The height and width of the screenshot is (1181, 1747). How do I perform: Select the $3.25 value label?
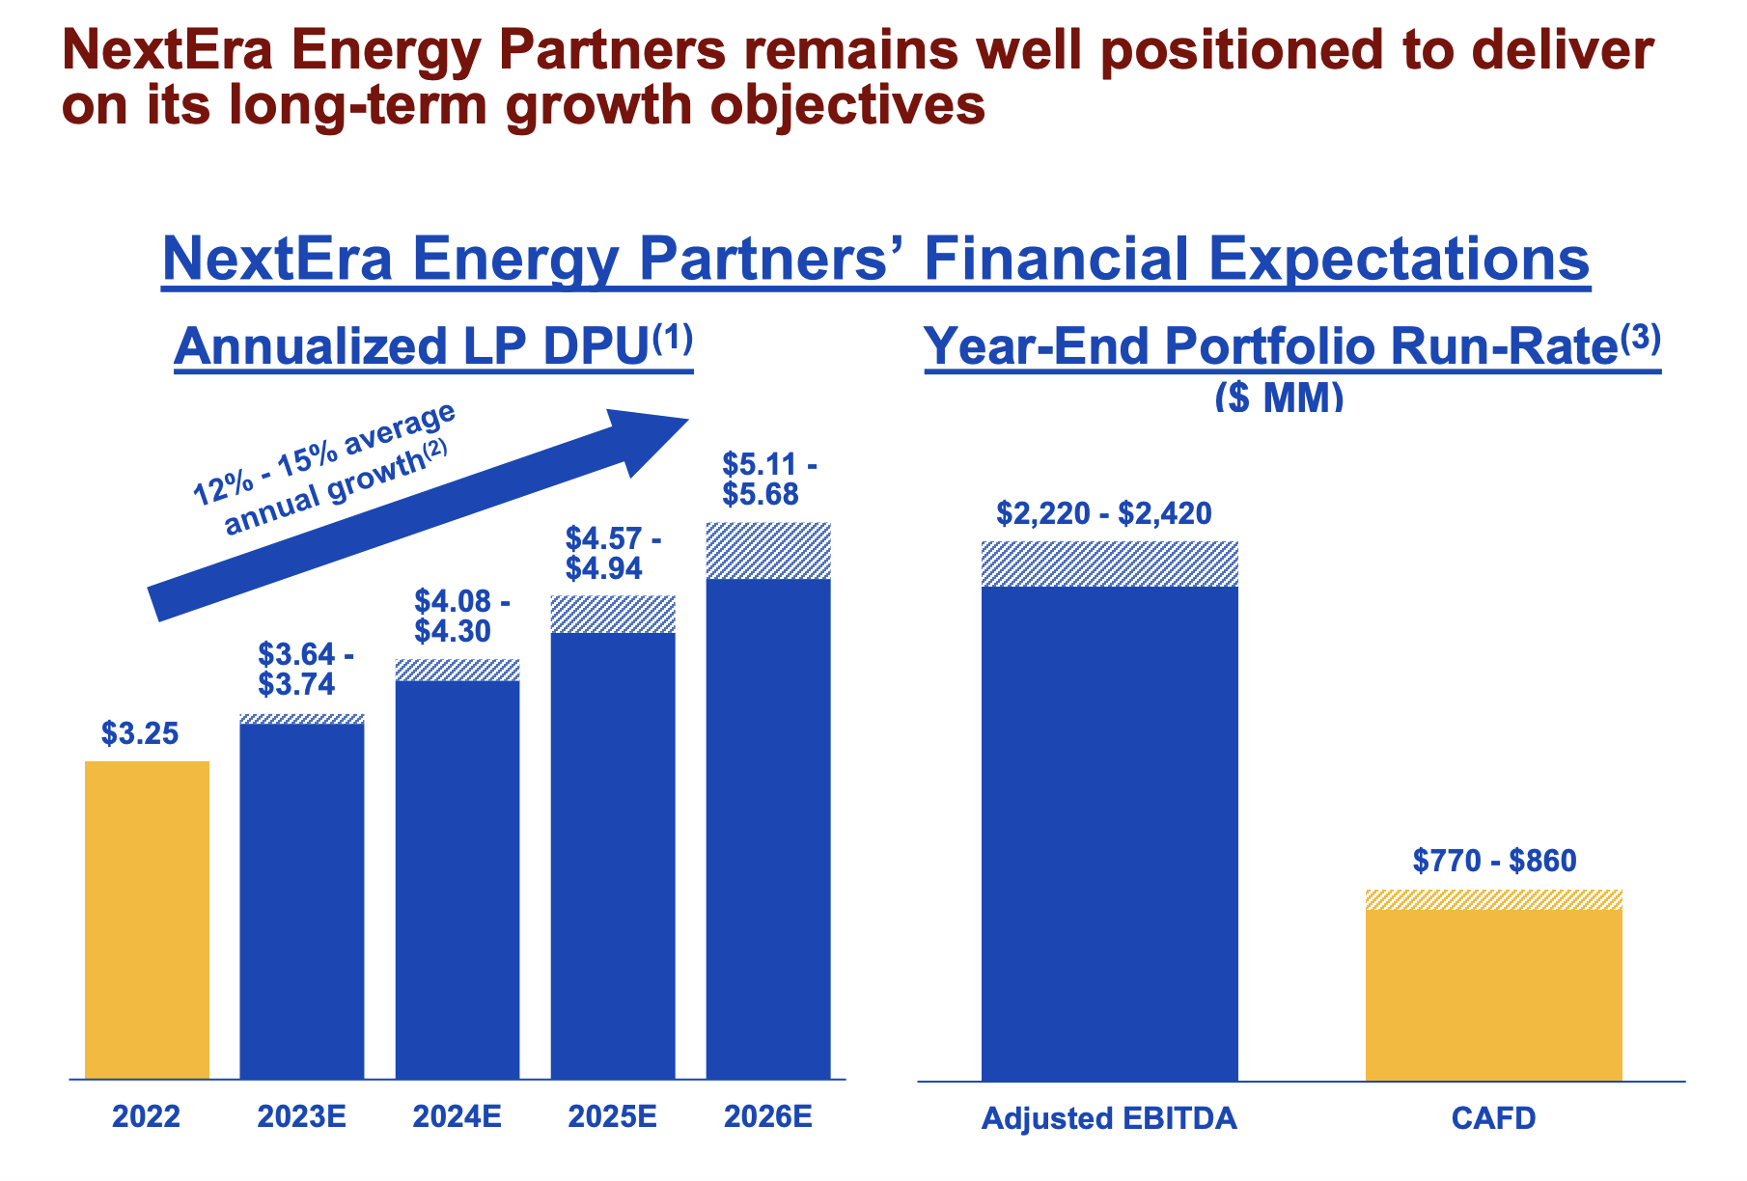point(140,734)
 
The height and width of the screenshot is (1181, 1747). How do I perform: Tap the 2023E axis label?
point(301,1117)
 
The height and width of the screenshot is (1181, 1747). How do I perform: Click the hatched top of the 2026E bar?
point(768,551)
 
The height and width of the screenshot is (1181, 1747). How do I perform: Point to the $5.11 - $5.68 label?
point(769,481)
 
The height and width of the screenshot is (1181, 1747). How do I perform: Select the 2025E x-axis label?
point(612,1117)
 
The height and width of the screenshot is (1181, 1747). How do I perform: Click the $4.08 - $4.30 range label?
point(462,617)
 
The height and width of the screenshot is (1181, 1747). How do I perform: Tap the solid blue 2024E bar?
point(458,879)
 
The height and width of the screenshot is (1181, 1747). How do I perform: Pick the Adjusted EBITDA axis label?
point(1109,1118)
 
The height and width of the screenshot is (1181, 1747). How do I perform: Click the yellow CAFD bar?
point(1493,994)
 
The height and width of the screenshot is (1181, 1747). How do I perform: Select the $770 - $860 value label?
point(1494,860)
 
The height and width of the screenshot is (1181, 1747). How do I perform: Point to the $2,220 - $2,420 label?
point(1104,513)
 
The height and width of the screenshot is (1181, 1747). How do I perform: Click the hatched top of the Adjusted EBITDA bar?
point(1109,564)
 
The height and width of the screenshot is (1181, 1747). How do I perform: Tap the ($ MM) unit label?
point(1279,397)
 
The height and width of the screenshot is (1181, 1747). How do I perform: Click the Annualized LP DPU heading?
point(433,346)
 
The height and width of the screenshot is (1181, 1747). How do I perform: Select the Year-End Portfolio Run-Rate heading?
point(1291,346)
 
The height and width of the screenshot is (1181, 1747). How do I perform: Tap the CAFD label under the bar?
point(1493,1118)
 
